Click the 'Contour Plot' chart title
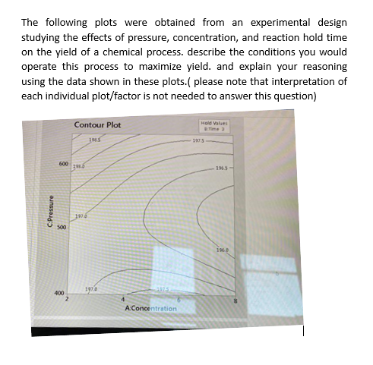click(97, 125)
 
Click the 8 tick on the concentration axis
click(235, 303)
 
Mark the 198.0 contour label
click(77, 165)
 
